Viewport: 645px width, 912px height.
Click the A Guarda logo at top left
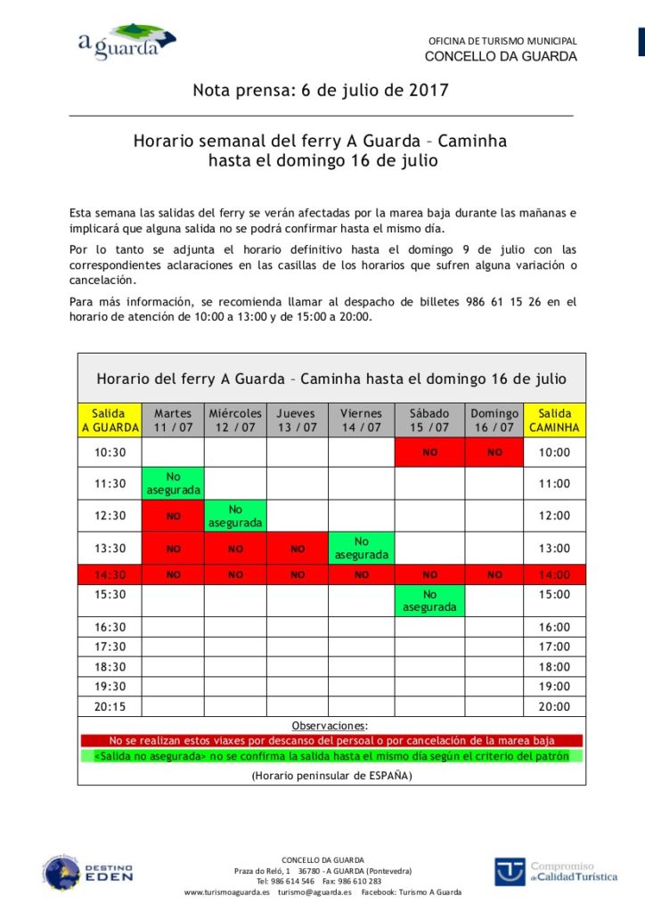(x=125, y=43)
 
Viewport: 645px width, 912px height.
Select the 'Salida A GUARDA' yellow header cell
(x=110, y=420)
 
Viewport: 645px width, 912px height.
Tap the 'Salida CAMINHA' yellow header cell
(x=554, y=420)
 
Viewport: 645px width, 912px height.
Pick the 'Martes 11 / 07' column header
(x=173, y=420)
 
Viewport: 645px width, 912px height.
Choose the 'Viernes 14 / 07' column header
(x=361, y=420)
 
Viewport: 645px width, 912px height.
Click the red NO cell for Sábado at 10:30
(x=429, y=452)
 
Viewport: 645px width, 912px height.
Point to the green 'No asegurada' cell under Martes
(x=173, y=484)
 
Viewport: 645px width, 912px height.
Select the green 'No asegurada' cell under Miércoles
(x=235, y=516)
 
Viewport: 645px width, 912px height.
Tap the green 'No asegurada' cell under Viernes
(x=361, y=548)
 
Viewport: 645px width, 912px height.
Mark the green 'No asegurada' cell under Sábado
(x=429, y=600)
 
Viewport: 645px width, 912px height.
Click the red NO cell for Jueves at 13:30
(x=297, y=549)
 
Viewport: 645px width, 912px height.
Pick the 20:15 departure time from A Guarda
(x=110, y=706)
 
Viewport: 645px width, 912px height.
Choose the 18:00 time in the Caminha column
(x=554, y=666)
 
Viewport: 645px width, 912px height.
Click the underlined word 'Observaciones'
(x=330, y=726)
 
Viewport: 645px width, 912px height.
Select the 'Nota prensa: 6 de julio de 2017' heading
(x=321, y=91)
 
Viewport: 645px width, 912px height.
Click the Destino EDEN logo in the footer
(x=88, y=872)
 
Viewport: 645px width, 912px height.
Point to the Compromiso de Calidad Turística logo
(x=556, y=871)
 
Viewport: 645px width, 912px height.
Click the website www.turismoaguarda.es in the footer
(x=227, y=892)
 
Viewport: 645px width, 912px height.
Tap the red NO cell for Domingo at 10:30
(x=494, y=452)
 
